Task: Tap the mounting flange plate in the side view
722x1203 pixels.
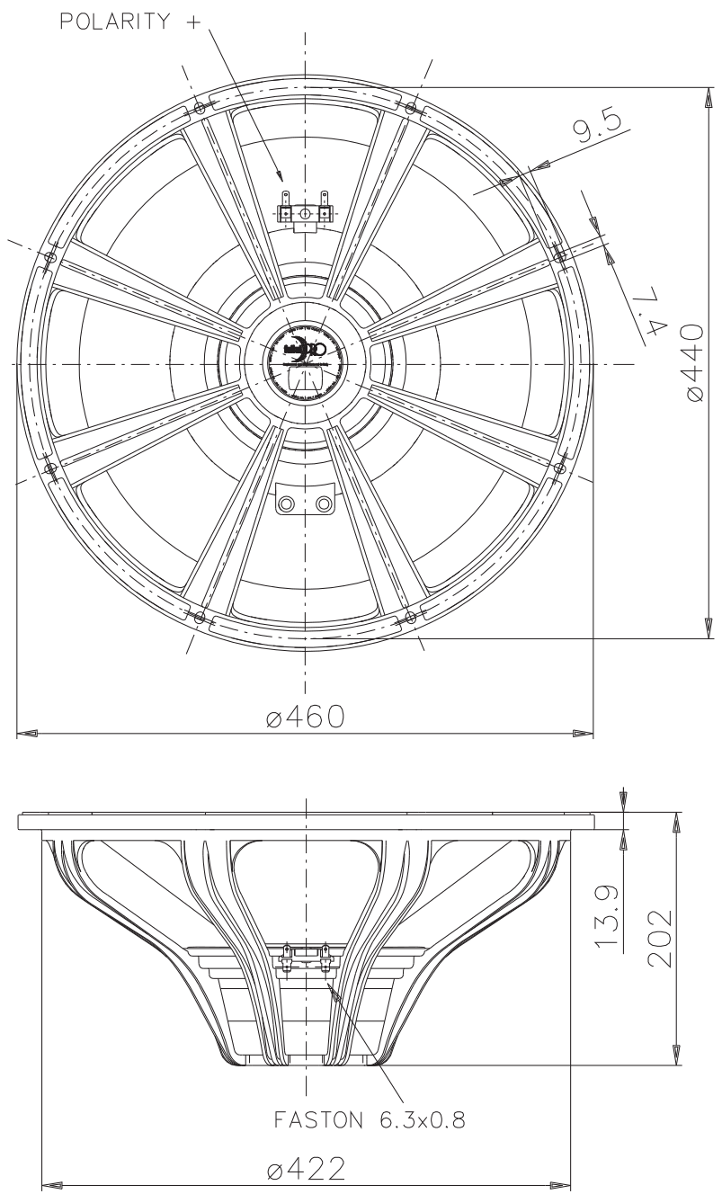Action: pos(305,820)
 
